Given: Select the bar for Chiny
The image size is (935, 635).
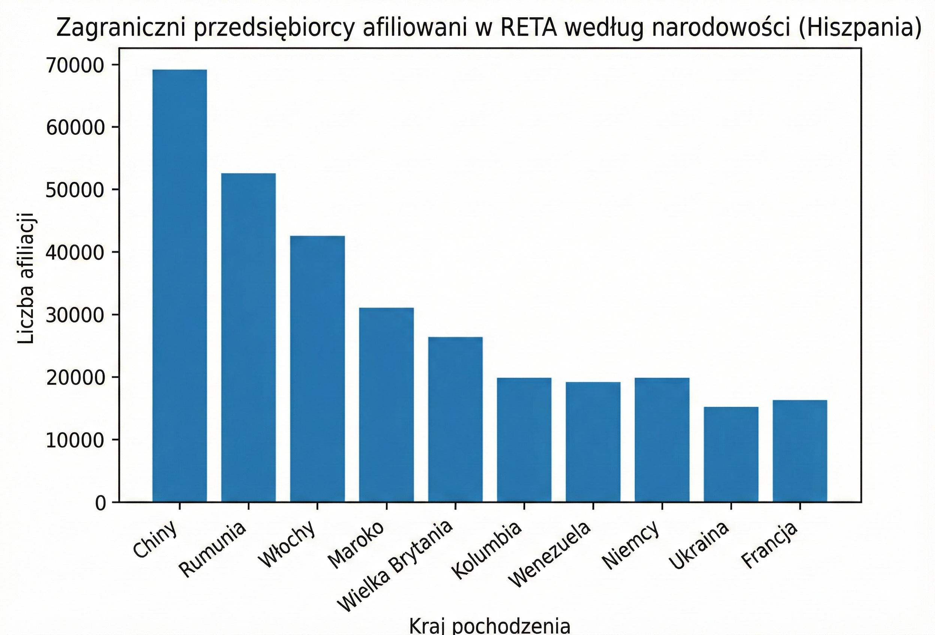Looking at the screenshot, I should coord(179,286).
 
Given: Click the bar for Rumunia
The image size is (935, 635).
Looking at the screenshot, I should coord(248,337).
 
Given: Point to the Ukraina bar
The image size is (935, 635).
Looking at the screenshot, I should coord(730,455).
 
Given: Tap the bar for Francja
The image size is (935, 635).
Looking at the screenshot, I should coord(800,451).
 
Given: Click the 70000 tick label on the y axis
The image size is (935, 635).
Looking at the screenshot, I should coord(75,66).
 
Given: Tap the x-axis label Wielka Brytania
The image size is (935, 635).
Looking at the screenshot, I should coord(395,571).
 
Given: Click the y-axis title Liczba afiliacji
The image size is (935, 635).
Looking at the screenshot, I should coord(27,277).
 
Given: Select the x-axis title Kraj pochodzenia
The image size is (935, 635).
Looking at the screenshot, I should coord(490,626).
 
